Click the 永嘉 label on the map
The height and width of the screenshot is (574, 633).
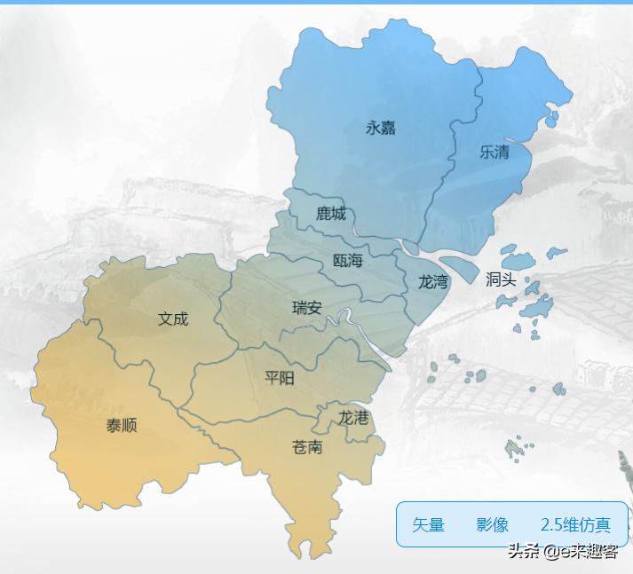coord(380,128)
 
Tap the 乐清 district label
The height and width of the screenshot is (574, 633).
coord(495,152)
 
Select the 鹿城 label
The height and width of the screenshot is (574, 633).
coord(331,214)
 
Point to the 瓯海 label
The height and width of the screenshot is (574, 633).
coord(347,261)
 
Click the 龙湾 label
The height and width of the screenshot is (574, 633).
coord(433,282)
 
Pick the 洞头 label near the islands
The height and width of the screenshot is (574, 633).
coord(501,279)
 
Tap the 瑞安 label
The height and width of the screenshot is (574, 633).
coord(307,309)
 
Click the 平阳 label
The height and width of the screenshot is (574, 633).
coord(280,378)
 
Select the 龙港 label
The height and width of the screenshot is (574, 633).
coord(353,417)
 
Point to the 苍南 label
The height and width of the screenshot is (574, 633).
coord(307,446)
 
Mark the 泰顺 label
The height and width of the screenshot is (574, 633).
coord(122,425)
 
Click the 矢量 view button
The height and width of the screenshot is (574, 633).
coord(428,525)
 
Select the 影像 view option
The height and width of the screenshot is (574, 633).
coord(492,525)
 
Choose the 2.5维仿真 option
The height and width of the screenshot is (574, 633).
coord(575,525)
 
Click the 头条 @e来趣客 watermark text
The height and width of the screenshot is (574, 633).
coord(562,552)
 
